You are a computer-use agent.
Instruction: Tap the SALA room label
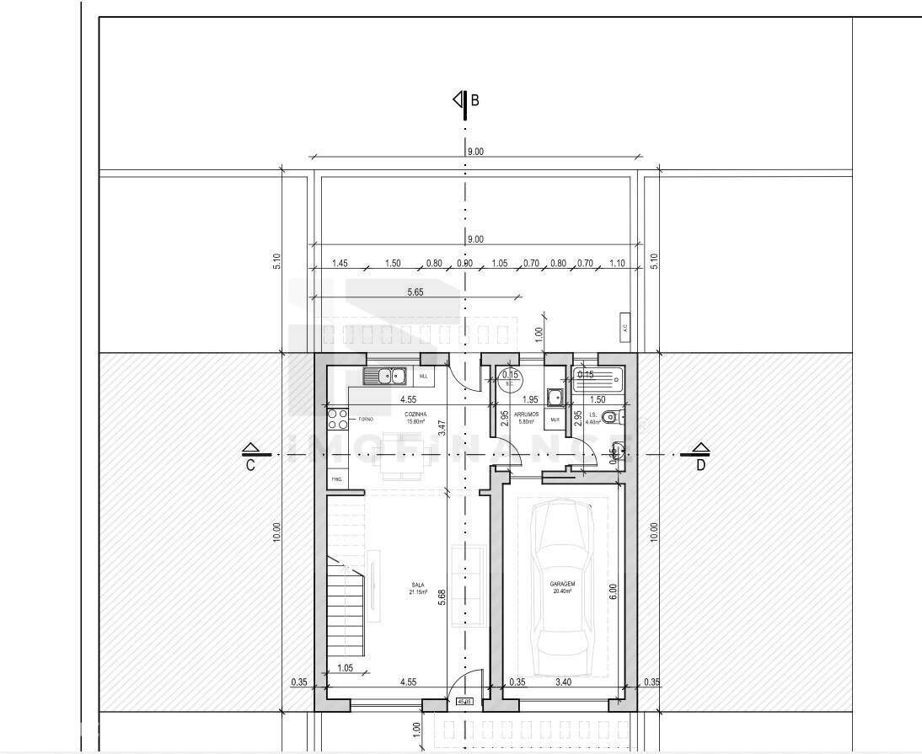[417, 588]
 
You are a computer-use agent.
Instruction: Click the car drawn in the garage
[562, 578]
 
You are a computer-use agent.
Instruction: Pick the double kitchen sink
[384, 377]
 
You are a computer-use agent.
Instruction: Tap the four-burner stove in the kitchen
[337, 418]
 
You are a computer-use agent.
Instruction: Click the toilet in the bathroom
[612, 416]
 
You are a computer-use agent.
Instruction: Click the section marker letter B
[474, 100]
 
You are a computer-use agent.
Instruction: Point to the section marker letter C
[250, 464]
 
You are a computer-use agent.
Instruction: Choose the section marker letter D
[701, 464]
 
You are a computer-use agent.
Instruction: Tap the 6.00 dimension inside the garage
[613, 592]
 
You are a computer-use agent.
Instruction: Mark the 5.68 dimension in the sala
[441, 596]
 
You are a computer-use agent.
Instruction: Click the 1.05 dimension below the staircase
[344, 669]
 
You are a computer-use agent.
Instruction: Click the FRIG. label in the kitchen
[337, 480]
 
